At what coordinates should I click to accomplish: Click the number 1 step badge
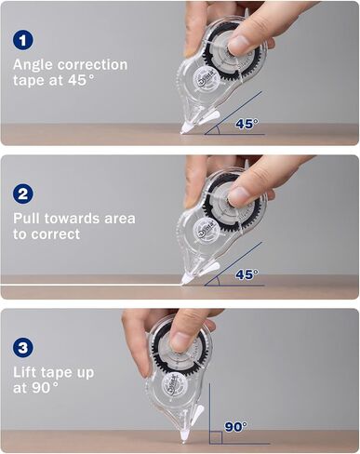pyautogui.click(x=23, y=40)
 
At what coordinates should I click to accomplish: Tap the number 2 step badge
pyautogui.click(x=23, y=194)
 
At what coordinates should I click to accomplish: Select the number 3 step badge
pyautogui.click(x=23, y=347)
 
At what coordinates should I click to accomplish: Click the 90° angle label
pyautogui.click(x=236, y=427)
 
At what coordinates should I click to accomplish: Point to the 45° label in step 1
pyautogui.click(x=247, y=124)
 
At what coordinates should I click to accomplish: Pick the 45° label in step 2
pyautogui.click(x=247, y=274)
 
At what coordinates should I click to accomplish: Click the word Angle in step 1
pyautogui.click(x=33, y=66)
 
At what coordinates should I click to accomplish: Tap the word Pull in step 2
pyautogui.click(x=27, y=219)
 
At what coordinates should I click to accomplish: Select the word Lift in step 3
pyautogui.click(x=26, y=372)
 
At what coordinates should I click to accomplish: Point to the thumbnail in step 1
pyautogui.click(x=239, y=46)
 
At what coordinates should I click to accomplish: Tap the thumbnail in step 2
pyautogui.click(x=239, y=197)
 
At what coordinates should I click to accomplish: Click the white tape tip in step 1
pyautogui.click(x=185, y=127)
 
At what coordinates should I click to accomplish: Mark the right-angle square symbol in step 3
pyautogui.click(x=216, y=437)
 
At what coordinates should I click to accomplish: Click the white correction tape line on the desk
pyautogui.click(x=91, y=285)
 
